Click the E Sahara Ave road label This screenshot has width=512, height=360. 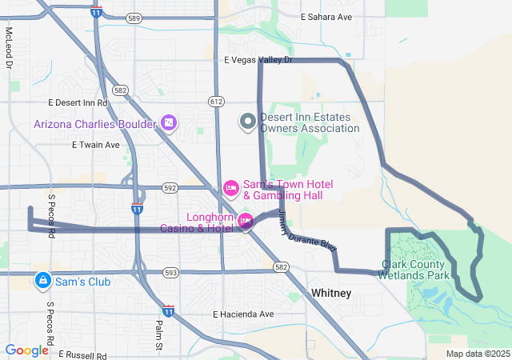[326, 17]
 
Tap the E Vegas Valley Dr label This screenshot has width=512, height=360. [258, 60]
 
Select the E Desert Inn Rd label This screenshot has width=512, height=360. [78, 102]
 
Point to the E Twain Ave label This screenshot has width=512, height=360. [95, 145]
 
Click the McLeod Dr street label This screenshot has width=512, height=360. [10, 47]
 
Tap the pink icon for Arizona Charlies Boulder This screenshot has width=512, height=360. [169, 123]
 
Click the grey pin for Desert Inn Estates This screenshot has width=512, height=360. [248, 122]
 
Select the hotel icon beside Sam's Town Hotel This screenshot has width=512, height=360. [230, 188]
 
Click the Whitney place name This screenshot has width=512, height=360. [331, 294]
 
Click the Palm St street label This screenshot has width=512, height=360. [158, 330]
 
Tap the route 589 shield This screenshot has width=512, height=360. [134, 18]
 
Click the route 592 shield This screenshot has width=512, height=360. [169, 188]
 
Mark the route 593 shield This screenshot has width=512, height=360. [170, 273]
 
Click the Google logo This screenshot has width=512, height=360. [27, 350]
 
